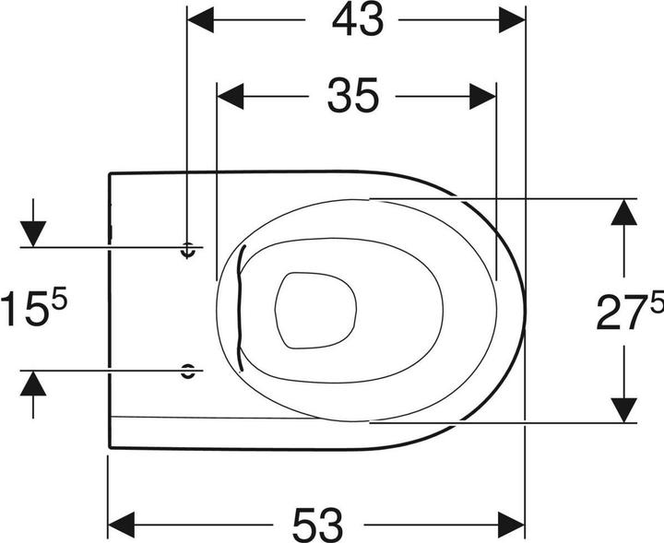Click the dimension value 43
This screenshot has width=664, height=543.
point(357,21)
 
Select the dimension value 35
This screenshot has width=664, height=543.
point(352,95)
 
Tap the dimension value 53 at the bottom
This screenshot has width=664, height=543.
point(317,524)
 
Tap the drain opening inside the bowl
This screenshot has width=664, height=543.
point(314,310)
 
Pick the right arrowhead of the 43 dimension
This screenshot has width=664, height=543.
point(511,19)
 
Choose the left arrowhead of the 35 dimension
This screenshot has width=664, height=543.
point(231,95)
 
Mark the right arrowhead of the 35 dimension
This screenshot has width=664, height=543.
point(482,95)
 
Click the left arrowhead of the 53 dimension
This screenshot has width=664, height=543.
point(123,521)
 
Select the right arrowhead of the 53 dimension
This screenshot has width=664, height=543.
point(511,521)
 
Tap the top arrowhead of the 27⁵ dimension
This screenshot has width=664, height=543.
point(625,214)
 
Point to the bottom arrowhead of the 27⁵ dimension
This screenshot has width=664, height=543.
point(625,408)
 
